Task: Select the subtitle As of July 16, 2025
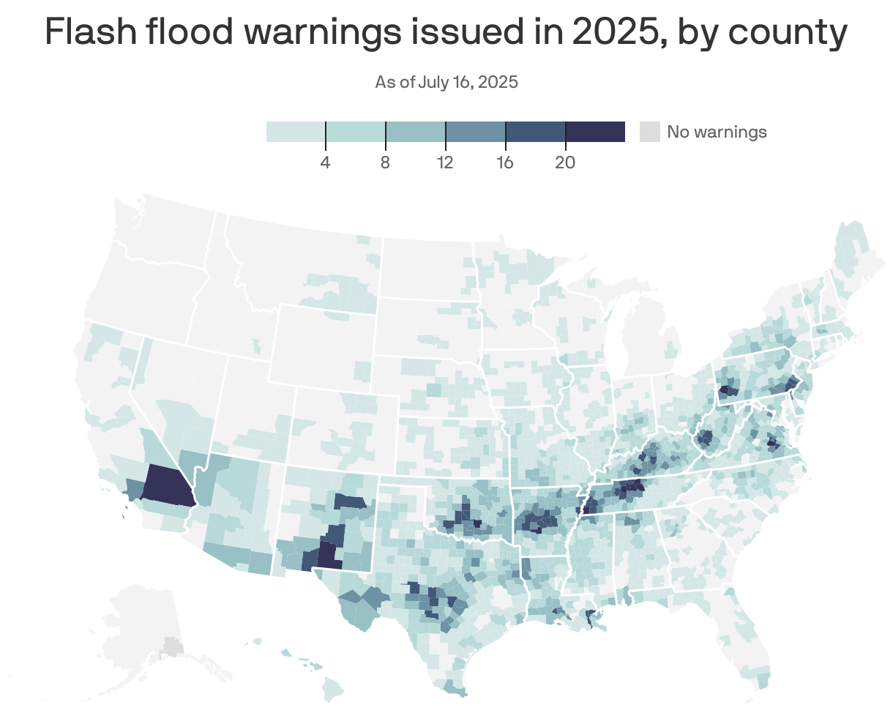click(446, 82)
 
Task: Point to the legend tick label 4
click(325, 163)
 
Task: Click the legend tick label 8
click(385, 163)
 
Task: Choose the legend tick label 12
click(445, 163)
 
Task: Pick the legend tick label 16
click(505, 163)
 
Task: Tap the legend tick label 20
click(564, 163)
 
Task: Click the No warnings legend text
click(717, 132)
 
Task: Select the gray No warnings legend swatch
click(649, 132)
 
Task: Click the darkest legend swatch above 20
click(595, 132)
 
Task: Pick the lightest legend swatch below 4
click(295, 132)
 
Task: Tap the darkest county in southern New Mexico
click(329, 556)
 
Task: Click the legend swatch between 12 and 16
click(475, 132)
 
